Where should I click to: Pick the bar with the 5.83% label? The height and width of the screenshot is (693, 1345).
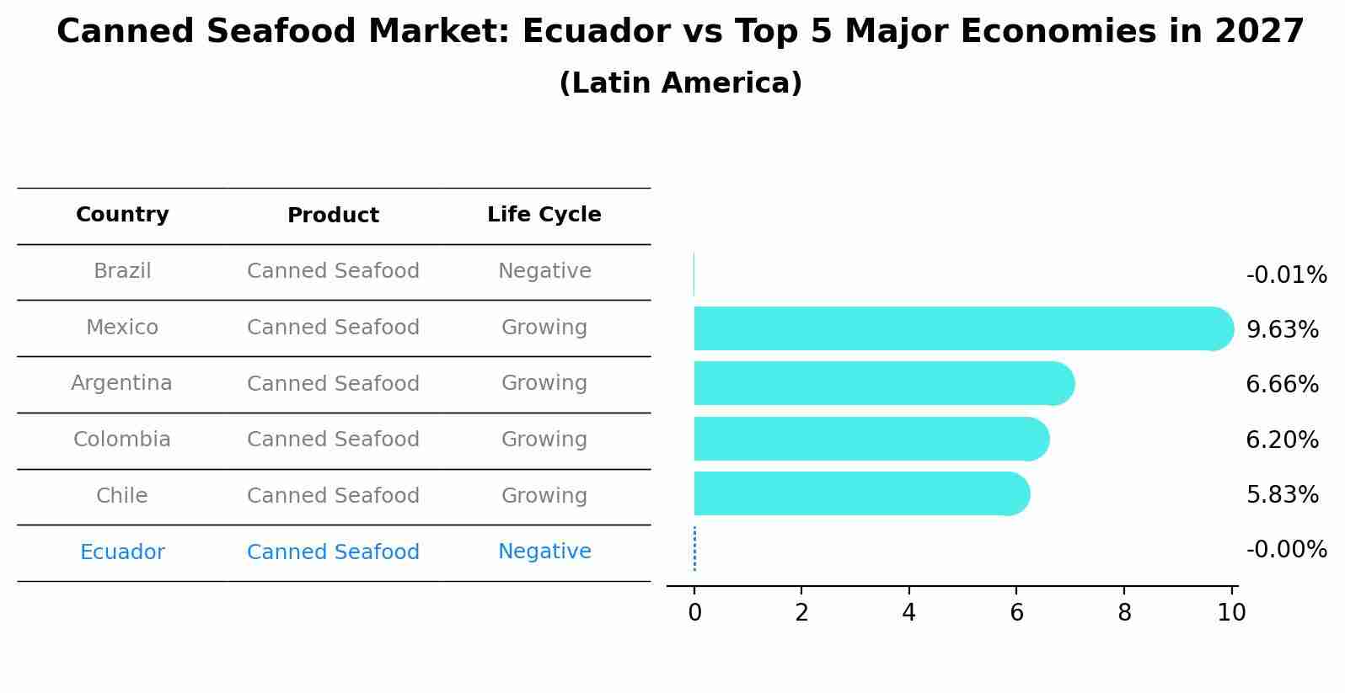[x=860, y=493]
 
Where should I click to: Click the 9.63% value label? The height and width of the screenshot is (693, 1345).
[x=1282, y=329]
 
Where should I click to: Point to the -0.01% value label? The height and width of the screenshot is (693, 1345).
[x=1285, y=275]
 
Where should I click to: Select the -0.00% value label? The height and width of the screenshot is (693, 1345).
[x=1285, y=550]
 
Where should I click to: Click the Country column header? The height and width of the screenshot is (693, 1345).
[x=122, y=215]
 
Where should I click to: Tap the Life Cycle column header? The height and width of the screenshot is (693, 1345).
[x=544, y=215]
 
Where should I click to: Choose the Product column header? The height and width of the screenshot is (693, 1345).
[x=333, y=216]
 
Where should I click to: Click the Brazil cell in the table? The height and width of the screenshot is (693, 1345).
[x=122, y=271]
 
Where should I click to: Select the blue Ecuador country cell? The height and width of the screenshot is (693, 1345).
[x=122, y=552]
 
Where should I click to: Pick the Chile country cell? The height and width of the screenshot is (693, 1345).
[x=122, y=496]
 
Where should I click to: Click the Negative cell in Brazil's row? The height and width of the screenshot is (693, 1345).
[x=544, y=271]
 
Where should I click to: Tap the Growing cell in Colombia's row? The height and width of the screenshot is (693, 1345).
[x=544, y=440]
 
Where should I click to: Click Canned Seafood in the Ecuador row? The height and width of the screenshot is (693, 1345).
[x=333, y=552]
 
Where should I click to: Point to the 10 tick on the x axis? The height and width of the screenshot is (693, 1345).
[x=1231, y=613]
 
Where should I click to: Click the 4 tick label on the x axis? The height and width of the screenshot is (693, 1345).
[x=908, y=613]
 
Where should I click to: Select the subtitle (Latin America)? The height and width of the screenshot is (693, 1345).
[x=680, y=83]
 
